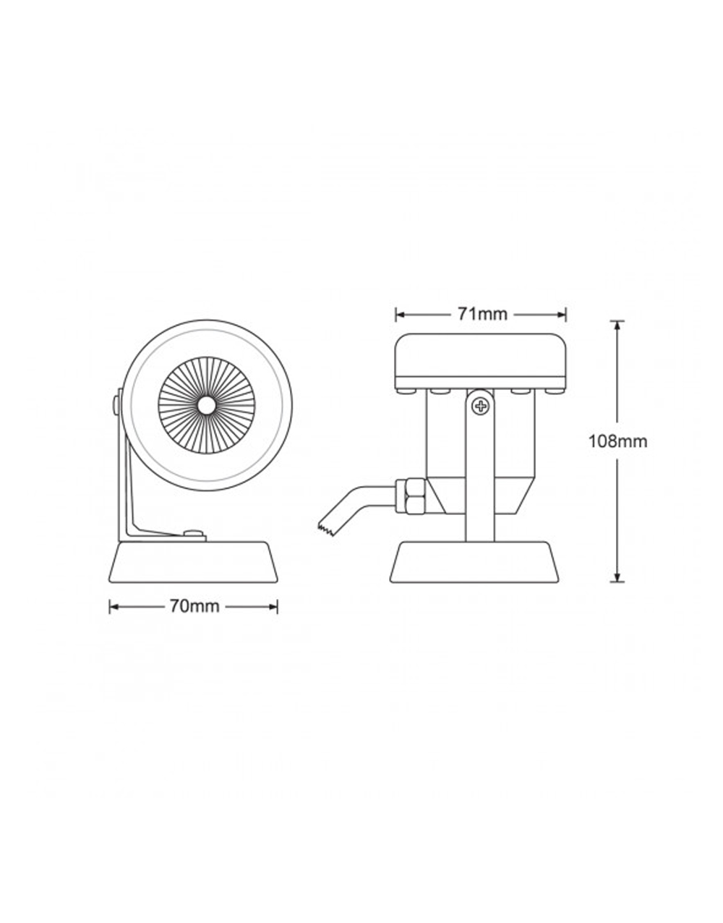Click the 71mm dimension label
coord(482,314)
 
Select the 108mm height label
coord(617,442)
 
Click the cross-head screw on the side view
coord(481,407)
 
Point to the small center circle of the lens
coord(206,405)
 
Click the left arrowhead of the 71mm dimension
coord(400,315)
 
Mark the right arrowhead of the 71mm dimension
coord(561,315)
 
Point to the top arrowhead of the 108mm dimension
coord(617,325)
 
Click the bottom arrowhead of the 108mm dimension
coord(617,577)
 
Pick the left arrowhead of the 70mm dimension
coord(114,607)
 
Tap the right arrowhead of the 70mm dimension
coord(273,607)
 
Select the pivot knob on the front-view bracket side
coord(116,404)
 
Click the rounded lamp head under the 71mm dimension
coord(481,362)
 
